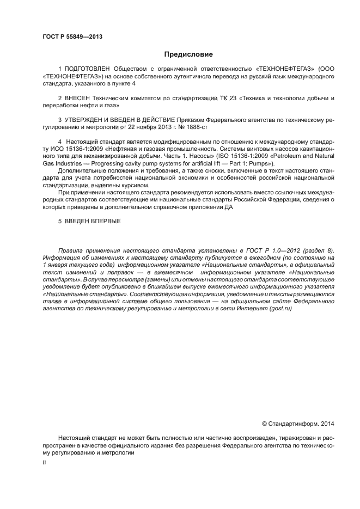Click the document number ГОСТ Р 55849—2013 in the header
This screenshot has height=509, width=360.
point(72,37)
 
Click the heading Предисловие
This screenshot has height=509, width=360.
point(188,54)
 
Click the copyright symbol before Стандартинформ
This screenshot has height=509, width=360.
point(265,424)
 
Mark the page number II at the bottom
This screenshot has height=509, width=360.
point(44,462)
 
